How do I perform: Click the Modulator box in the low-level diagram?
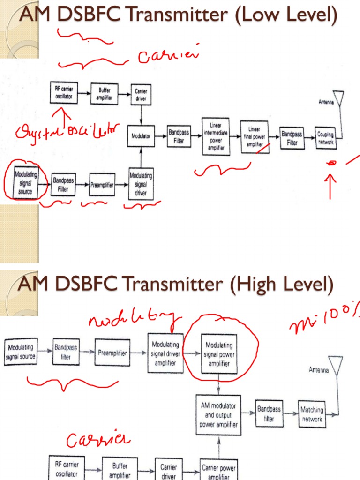[x=141, y=136]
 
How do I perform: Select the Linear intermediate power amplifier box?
[x=216, y=136]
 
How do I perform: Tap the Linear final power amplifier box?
[x=255, y=137]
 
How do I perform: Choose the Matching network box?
[x=312, y=414]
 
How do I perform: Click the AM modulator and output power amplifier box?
[x=219, y=415]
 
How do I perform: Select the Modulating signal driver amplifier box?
[x=165, y=353]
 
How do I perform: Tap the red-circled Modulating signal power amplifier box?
[x=219, y=354]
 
